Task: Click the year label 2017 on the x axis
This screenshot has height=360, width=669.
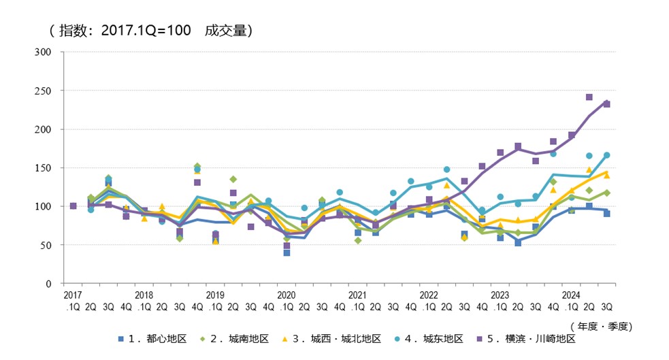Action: [73, 295]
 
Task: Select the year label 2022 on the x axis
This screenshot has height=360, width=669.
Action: [429, 295]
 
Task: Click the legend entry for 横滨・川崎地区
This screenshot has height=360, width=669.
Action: [535, 338]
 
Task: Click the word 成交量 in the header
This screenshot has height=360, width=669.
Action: [229, 30]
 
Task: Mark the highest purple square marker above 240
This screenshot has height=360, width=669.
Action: [589, 97]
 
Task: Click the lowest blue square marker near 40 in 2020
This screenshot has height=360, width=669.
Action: [287, 252]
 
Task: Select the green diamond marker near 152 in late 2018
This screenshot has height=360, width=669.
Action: [197, 166]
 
